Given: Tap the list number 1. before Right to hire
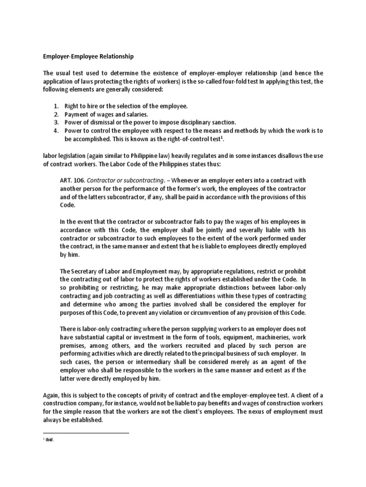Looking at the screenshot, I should coord(55,106).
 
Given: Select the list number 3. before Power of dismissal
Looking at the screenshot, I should coord(55,122).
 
